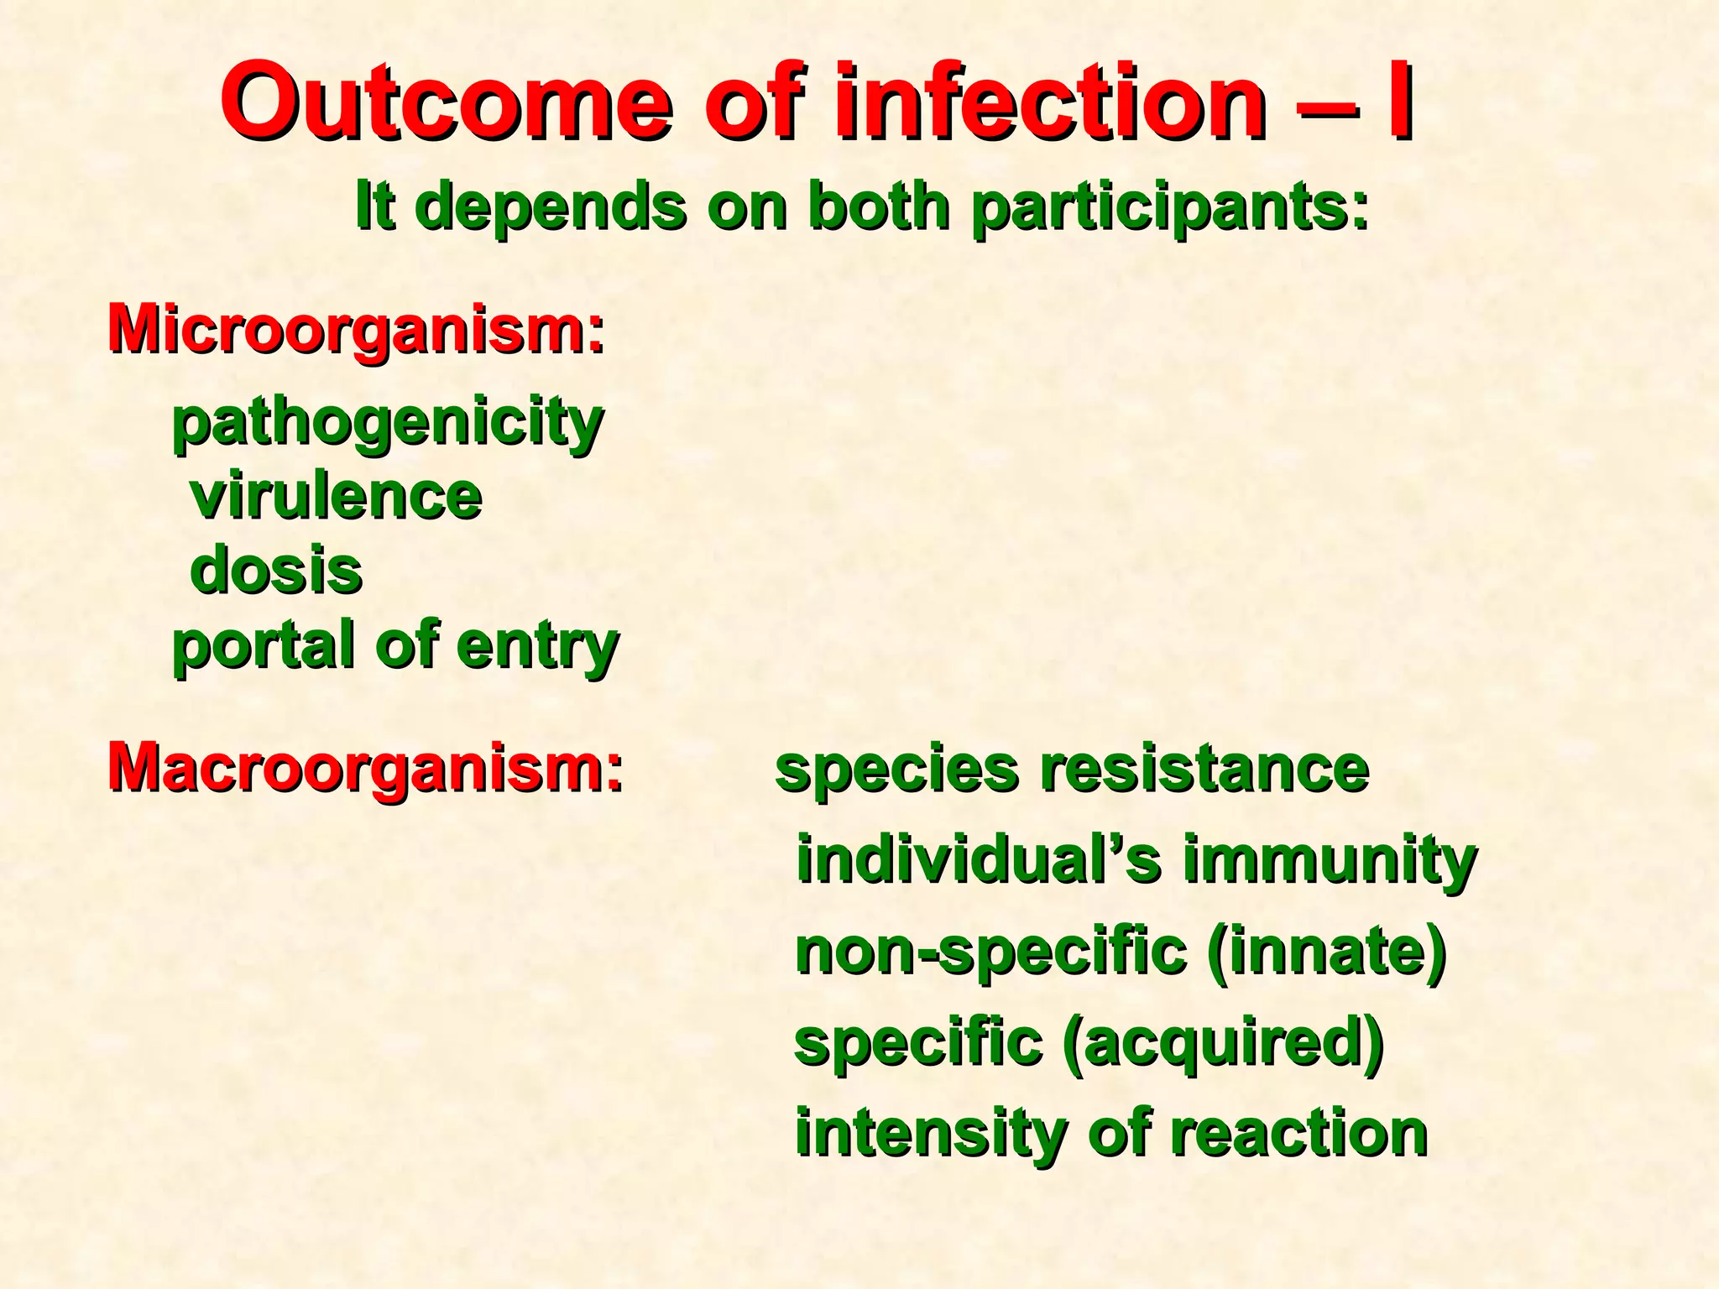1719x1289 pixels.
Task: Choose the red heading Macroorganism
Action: [366, 767]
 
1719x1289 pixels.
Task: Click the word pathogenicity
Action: [388, 423]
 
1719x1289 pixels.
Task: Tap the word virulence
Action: [336, 497]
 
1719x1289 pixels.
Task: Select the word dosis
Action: [276, 571]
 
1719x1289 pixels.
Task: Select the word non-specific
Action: [990, 953]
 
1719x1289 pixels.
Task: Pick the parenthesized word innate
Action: [1327, 953]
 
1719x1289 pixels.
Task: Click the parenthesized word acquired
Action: [1222, 1044]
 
